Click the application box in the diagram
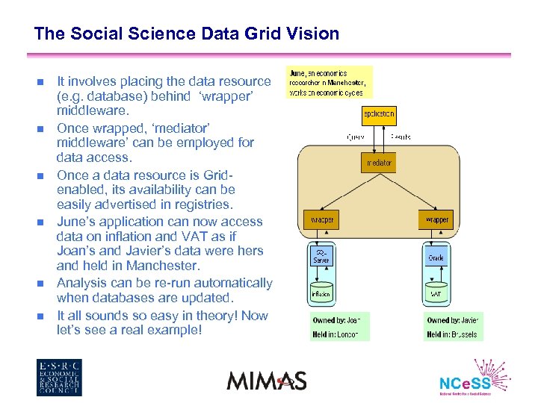[x=378, y=116]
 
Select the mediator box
[x=378, y=162]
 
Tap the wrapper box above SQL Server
[x=321, y=219]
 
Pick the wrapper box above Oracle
[x=436, y=219]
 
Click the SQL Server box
[x=321, y=257]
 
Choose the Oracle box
[x=436, y=258]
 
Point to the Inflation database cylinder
[x=321, y=293]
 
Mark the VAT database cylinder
[x=436, y=293]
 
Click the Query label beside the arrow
[x=356, y=137]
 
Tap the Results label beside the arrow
[x=401, y=137]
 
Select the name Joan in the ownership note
[x=353, y=320]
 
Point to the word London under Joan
[x=347, y=334]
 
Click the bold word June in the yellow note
[x=297, y=74]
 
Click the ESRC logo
[x=59, y=378]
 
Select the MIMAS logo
[x=267, y=380]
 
